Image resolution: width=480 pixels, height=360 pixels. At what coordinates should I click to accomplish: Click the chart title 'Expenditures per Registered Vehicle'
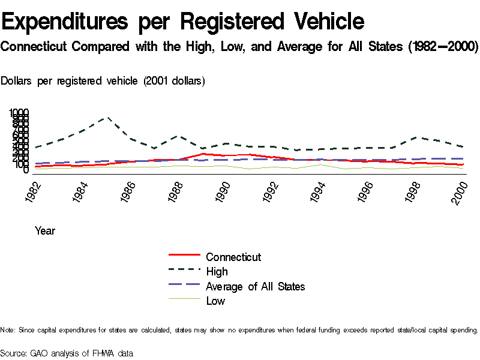pyautogui.click(x=183, y=22)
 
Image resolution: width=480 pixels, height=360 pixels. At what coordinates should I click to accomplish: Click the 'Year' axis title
pyautogui.click(x=45, y=230)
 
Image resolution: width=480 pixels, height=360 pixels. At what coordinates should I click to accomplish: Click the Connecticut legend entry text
pyautogui.click(x=233, y=257)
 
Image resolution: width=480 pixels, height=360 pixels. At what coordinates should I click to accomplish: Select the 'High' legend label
pyautogui.click(x=217, y=272)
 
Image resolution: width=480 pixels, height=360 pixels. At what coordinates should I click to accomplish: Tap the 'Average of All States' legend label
pyautogui.click(x=255, y=286)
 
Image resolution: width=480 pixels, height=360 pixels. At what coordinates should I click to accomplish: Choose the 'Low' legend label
pyautogui.click(x=215, y=301)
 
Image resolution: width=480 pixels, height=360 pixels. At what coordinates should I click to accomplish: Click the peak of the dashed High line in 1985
pyautogui.click(x=107, y=118)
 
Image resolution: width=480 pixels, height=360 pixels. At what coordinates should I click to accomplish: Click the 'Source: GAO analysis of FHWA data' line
pyautogui.click(x=67, y=353)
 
